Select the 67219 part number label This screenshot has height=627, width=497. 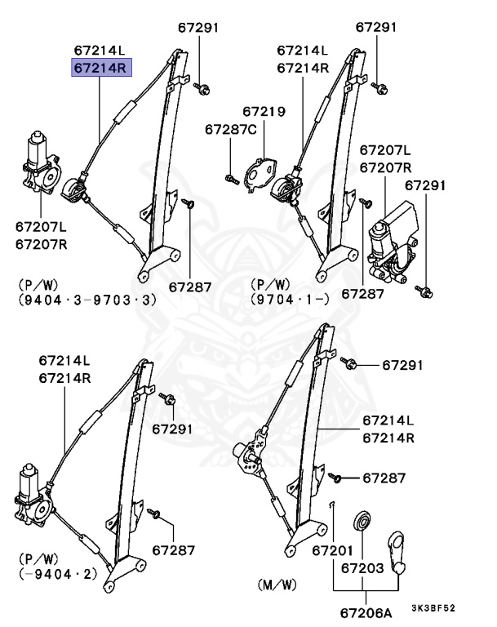[262, 112]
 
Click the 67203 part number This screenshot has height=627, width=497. [362, 567]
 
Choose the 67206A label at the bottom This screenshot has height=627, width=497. [364, 611]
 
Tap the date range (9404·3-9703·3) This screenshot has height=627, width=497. [87, 300]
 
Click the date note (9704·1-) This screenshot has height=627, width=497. [290, 300]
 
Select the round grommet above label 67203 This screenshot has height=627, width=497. [362, 522]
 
